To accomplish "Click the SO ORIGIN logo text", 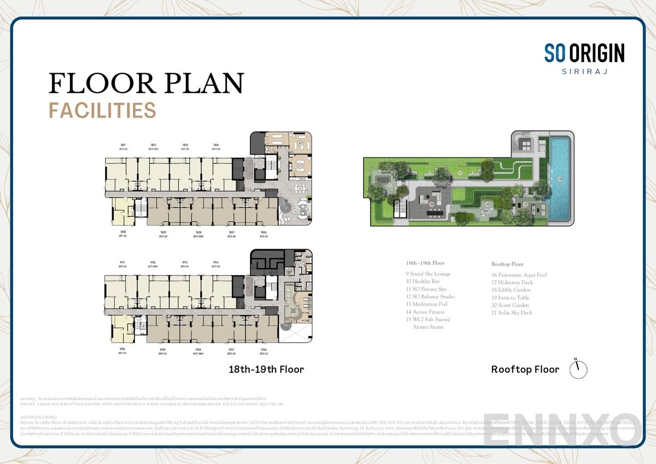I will [x=584, y=53].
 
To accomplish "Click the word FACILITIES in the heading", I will [x=102, y=110].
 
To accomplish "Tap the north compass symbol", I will [x=578, y=369].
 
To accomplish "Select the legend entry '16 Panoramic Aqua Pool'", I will [x=519, y=275].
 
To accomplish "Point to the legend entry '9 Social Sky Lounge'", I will [x=428, y=274].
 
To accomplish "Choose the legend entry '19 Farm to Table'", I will [x=511, y=298].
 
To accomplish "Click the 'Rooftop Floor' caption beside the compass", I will [x=525, y=369].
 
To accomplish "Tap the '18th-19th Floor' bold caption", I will [x=266, y=369].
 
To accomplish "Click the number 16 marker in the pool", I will [x=559, y=179].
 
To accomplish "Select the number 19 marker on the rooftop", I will [x=431, y=204].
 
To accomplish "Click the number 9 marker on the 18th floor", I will [x=295, y=211].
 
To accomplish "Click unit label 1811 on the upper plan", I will [x=123, y=145].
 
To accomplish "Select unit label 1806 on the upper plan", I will [x=263, y=232].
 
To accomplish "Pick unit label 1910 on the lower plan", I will [x=122, y=349].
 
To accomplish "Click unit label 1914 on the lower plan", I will [x=216, y=262].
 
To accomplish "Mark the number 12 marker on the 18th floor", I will [x=300, y=144].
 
